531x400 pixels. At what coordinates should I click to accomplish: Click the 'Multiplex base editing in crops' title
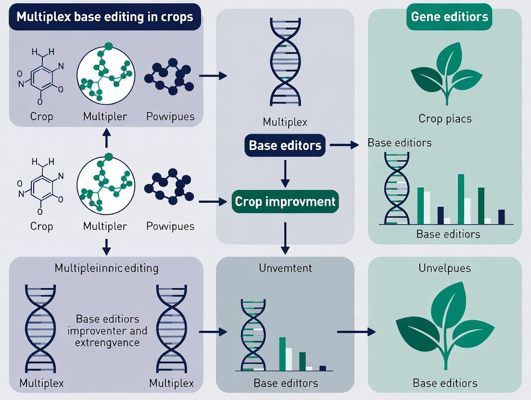(x=104, y=17)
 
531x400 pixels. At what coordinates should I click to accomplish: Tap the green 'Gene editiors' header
(x=449, y=17)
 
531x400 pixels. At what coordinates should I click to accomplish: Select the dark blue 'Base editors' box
(x=285, y=145)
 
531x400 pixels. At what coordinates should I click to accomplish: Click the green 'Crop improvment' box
(x=285, y=201)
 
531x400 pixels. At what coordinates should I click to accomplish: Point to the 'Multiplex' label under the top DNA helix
(x=285, y=122)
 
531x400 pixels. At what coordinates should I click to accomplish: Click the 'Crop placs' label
(x=444, y=118)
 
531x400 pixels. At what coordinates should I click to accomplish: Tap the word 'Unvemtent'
(x=285, y=268)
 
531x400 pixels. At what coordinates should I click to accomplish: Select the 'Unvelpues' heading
(x=444, y=268)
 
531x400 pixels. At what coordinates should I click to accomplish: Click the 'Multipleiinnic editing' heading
(x=106, y=268)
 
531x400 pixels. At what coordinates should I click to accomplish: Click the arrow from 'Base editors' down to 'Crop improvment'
(x=285, y=173)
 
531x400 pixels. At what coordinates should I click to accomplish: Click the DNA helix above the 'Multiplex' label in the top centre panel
(x=285, y=62)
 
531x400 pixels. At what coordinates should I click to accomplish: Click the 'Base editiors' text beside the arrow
(x=399, y=143)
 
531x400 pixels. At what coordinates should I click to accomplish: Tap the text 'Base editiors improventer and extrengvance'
(x=107, y=331)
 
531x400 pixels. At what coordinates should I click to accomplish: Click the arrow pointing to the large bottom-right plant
(x=356, y=332)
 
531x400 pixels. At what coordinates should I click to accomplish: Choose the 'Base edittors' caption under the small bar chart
(x=285, y=383)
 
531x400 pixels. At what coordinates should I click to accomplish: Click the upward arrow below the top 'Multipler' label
(x=106, y=140)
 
